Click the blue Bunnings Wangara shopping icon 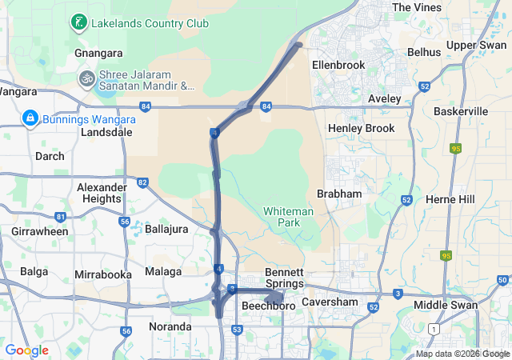[x=30, y=119]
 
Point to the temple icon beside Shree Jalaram [x=86, y=78]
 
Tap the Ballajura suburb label [x=166, y=228]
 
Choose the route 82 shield [x=142, y=183]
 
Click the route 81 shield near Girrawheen [x=61, y=217]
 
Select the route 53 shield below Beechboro [x=237, y=330]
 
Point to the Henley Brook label [x=362, y=128]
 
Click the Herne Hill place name [x=450, y=198]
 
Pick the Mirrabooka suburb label [x=102, y=274]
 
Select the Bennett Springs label [x=284, y=278]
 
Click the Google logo [x=26, y=350]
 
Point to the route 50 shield [x=502, y=280]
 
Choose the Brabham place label [x=339, y=194]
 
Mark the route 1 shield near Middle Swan [x=434, y=329]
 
